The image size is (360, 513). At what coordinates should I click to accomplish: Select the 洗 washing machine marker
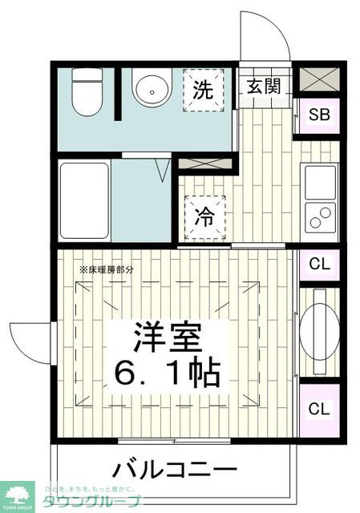click(205, 90)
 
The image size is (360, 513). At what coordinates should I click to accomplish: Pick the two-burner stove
click(320, 217)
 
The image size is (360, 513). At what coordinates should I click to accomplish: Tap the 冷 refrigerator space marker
click(205, 217)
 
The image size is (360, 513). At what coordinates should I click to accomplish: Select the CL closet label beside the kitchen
click(319, 263)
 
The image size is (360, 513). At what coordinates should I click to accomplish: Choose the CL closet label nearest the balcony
click(319, 408)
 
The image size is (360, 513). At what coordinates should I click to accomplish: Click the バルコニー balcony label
click(174, 470)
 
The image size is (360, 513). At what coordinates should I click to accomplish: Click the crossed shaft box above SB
click(319, 79)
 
